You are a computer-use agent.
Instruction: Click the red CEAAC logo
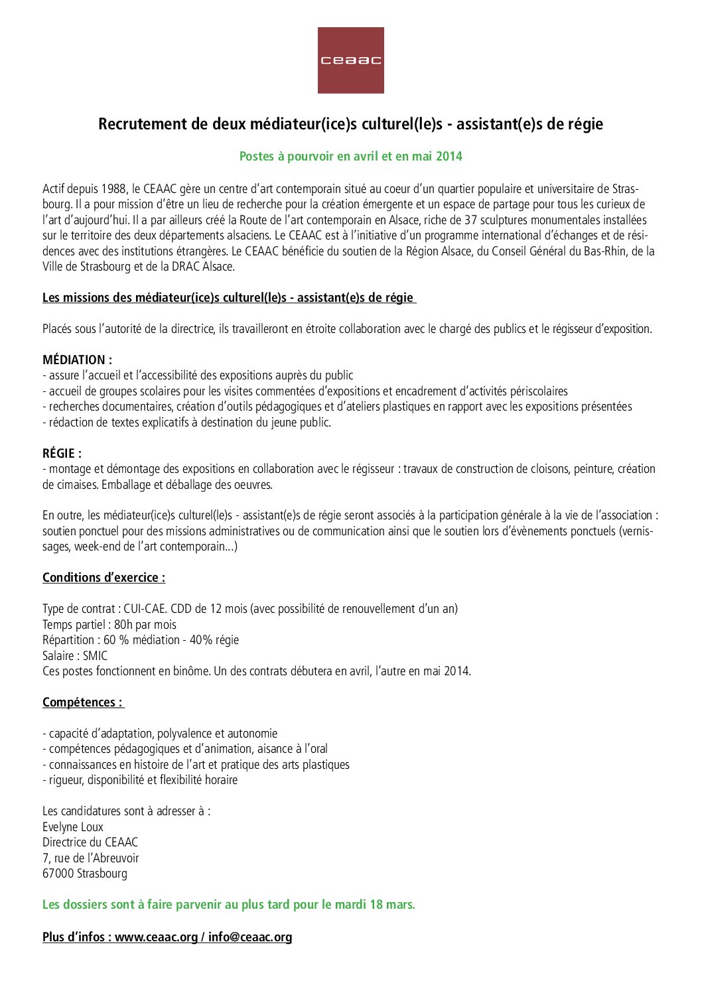click(x=350, y=60)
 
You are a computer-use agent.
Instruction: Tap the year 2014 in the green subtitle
click(x=449, y=157)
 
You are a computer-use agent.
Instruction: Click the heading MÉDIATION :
click(x=77, y=360)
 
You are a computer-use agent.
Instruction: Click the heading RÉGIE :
click(x=62, y=454)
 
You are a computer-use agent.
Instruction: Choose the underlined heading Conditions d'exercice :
click(x=104, y=578)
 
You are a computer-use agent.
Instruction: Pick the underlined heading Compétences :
click(x=82, y=702)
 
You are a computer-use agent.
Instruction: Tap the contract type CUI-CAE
click(x=145, y=609)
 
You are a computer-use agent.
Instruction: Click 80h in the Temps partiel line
click(x=123, y=625)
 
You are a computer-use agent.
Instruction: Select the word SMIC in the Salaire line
click(x=95, y=656)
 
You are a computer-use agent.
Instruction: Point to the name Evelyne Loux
click(x=73, y=827)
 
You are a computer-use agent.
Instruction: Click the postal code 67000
click(x=58, y=874)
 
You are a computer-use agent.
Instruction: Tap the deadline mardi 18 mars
click(x=375, y=905)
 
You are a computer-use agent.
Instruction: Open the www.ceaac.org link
click(x=156, y=937)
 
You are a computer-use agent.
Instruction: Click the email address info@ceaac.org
click(x=250, y=937)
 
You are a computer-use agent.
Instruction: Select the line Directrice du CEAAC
click(x=90, y=842)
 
